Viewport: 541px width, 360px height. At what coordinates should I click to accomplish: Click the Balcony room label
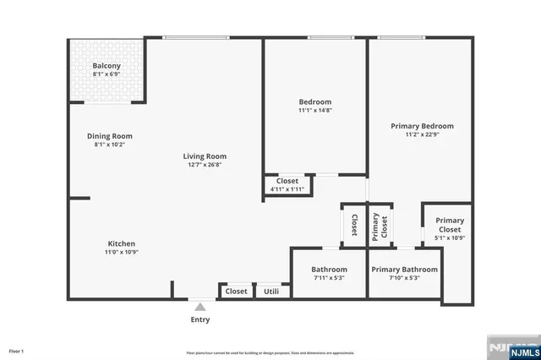(107, 66)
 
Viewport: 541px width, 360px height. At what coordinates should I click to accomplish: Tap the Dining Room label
(110, 136)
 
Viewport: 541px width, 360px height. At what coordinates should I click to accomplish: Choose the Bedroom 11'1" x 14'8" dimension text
(314, 110)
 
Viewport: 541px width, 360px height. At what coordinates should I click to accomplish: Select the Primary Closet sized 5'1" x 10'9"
(449, 229)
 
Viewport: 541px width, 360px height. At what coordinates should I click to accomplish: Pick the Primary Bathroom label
(404, 270)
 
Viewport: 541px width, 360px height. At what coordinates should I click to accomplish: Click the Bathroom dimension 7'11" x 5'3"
(319, 278)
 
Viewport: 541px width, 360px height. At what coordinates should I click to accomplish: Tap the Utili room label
(271, 292)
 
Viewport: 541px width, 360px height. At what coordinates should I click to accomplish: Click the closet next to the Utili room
(236, 292)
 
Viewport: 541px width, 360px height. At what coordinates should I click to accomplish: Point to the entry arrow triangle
(199, 308)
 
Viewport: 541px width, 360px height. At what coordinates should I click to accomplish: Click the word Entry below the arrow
(199, 319)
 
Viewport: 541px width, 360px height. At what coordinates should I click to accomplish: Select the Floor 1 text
(17, 351)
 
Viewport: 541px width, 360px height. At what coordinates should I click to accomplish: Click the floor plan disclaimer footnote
(270, 352)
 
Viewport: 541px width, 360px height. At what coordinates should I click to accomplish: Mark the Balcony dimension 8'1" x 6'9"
(107, 75)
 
